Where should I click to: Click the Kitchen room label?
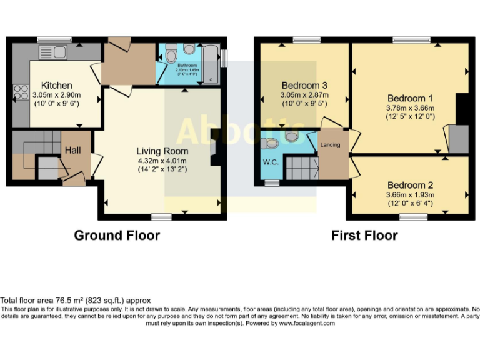[56, 85]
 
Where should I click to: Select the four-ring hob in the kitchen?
[18, 92]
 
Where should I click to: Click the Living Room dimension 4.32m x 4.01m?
[162, 160]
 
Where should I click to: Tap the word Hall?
[72, 150]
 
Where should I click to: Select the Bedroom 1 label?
[409, 98]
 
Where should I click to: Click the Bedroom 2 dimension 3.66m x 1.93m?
[409, 194]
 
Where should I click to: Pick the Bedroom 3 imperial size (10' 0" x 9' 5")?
[304, 104]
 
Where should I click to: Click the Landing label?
[330, 145]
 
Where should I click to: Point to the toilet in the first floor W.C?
[271, 144]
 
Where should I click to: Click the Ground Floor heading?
[117, 236]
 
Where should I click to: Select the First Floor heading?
[364, 236]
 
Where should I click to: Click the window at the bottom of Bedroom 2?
[409, 216]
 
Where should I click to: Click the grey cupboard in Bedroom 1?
[458, 138]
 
